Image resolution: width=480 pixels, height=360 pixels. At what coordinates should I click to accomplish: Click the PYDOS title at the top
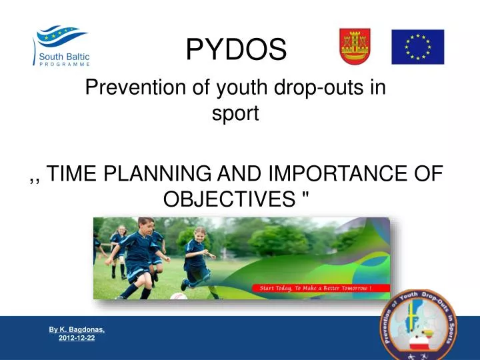point(236,47)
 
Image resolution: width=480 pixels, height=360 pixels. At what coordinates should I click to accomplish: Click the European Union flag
point(417,47)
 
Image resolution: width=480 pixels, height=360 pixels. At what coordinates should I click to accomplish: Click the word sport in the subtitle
point(235,113)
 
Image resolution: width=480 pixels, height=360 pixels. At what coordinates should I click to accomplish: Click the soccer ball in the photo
point(179,295)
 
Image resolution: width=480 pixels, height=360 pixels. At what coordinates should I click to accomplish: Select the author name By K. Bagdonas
point(76,330)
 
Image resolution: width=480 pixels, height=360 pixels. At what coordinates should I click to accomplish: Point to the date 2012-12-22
point(77,339)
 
